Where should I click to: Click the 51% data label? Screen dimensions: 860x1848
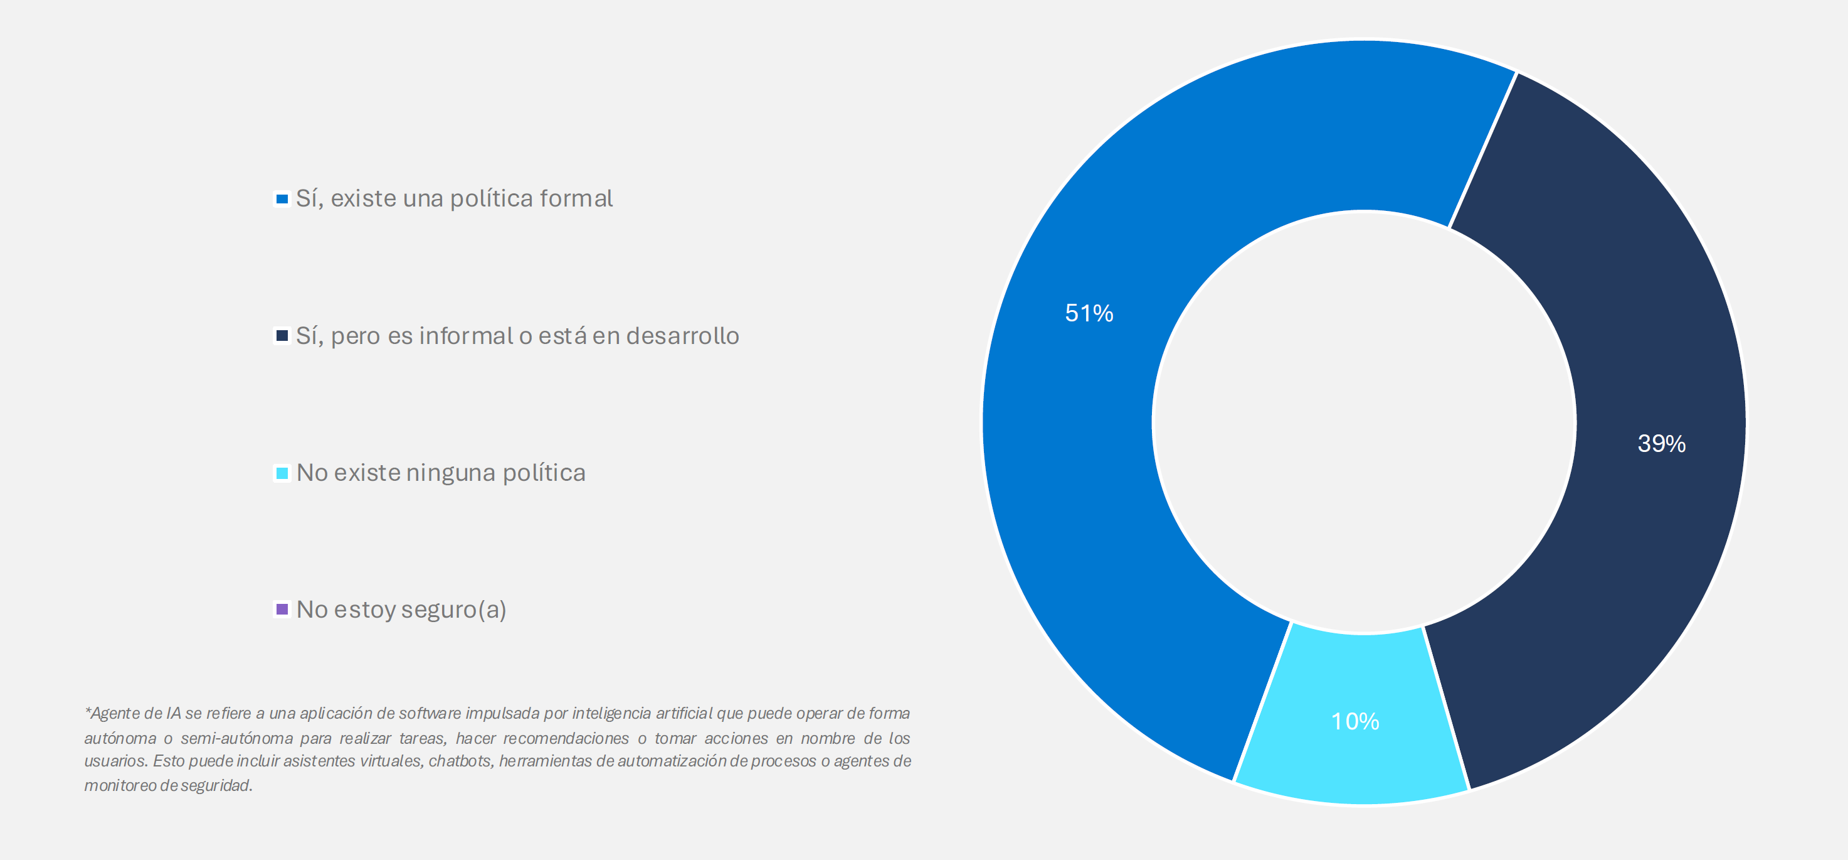(x=1089, y=313)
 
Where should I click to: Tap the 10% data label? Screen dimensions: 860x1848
(x=1355, y=721)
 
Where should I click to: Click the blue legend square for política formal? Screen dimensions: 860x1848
(x=282, y=199)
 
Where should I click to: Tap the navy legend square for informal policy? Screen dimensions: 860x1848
(x=282, y=336)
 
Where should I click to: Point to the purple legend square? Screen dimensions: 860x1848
(x=282, y=610)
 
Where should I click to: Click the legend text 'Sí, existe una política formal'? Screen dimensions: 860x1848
(x=454, y=199)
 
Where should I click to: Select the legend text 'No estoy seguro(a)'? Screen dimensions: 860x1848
(x=401, y=610)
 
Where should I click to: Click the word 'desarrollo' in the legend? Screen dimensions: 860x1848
(x=682, y=336)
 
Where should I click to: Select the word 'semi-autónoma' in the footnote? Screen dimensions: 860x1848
(x=237, y=738)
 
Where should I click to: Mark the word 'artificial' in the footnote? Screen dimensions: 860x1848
(x=684, y=714)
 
